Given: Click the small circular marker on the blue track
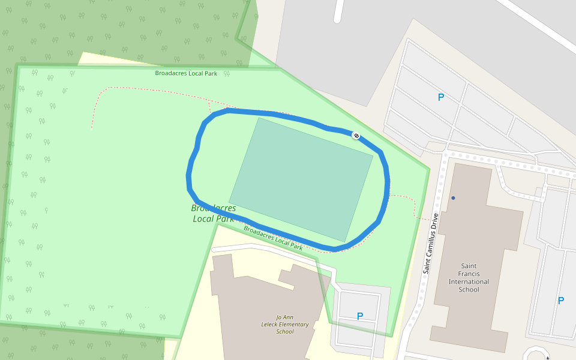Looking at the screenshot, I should [356, 136].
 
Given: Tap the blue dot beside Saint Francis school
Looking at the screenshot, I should [454, 197].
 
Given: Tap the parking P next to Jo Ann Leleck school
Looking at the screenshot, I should [360, 316].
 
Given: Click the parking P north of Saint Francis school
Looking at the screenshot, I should [441, 97].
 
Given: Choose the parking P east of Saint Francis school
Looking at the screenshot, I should [561, 301].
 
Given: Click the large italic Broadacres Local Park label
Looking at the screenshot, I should [214, 213].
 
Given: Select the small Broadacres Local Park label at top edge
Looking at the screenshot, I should [185, 73].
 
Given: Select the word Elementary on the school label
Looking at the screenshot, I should [295, 325].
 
